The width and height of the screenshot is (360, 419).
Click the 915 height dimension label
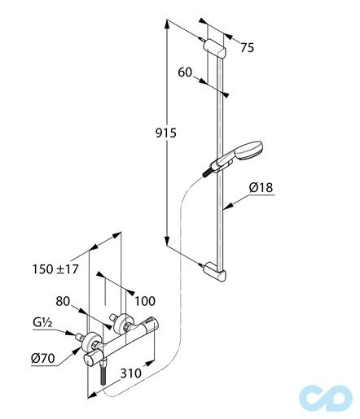point(165,133)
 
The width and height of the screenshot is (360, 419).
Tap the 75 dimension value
point(247,48)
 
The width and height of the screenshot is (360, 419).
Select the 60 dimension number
point(185,72)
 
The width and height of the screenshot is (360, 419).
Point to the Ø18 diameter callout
point(261,187)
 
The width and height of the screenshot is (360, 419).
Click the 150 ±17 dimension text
point(55,269)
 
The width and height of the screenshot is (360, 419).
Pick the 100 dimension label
point(145,301)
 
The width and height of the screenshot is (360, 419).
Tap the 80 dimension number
point(63,301)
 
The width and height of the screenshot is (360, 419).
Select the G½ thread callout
point(42,322)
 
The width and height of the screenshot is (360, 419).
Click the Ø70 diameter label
point(43,359)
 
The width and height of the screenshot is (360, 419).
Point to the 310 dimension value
point(131,373)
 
